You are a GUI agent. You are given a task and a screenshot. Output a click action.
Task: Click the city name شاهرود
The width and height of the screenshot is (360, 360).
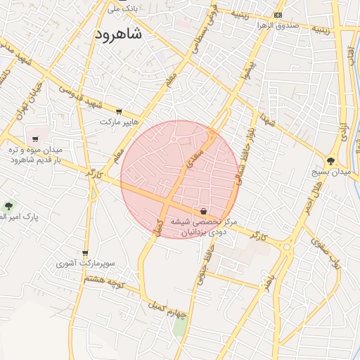117,34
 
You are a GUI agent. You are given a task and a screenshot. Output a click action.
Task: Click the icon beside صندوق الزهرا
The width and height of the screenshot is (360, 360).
279,15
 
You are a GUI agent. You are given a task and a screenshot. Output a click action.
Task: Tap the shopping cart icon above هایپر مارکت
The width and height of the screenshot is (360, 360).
119,111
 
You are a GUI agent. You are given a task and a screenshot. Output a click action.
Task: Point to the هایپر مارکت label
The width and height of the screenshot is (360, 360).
116,122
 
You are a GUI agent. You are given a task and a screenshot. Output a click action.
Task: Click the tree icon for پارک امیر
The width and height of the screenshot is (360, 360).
8,206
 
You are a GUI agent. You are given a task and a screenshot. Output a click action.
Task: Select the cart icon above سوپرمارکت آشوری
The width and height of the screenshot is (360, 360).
86,253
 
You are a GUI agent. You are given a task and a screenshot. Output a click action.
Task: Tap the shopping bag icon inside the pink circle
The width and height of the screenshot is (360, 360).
203,210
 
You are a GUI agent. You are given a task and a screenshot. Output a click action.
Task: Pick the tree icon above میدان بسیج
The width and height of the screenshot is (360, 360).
330,160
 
